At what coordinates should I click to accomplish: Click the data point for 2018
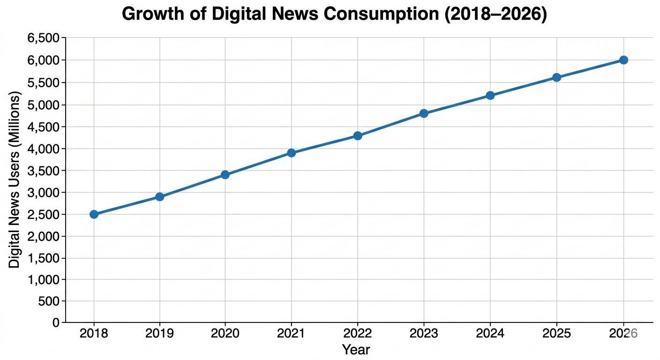(x=94, y=214)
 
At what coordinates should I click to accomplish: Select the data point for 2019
(x=160, y=196)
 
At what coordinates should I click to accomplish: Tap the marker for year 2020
(x=225, y=175)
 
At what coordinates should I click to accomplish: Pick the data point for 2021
(x=291, y=153)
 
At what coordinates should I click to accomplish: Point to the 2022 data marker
(x=358, y=136)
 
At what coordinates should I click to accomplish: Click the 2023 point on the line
(x=424, y=113)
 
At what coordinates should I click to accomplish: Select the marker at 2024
(x=490, y=96)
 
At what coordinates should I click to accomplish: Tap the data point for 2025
(x=556, y=77)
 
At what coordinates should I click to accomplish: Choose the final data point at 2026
(x=623, y=60)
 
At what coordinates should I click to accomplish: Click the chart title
(x=334, y=15)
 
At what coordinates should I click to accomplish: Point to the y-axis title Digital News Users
(x=15, y=180)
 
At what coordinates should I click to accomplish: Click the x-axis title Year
(x=356, y=350)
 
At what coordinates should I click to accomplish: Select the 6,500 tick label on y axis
(x=44, y=38)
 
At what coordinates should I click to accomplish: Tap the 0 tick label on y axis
(x=56, y=323)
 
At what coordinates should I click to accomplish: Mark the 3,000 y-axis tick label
(x=44, y=193)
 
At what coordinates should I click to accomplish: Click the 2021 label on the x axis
(x=291, y=334)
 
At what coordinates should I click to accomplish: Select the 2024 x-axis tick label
(x=490, y=334)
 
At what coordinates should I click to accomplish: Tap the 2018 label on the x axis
(x=94, y=334)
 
